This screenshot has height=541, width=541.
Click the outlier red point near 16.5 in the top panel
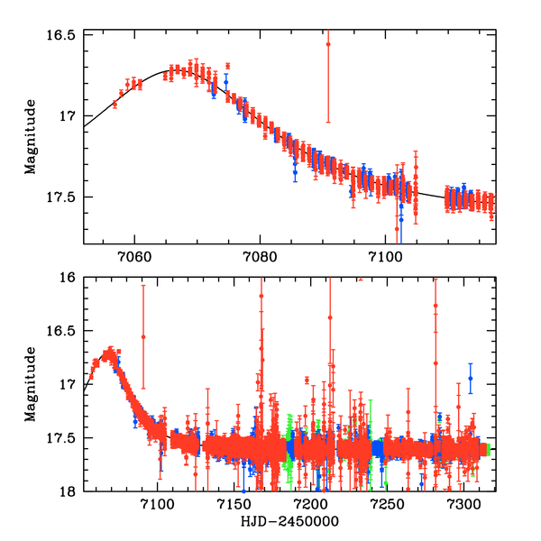(328, 43)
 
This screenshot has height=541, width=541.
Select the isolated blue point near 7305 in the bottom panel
(470, 379)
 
